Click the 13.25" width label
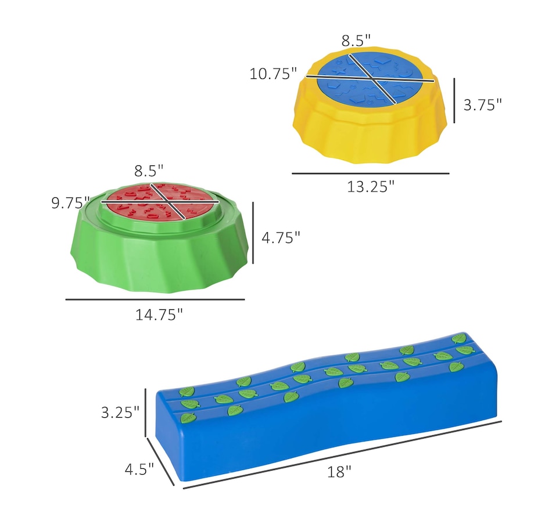371,186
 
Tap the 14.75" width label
159,315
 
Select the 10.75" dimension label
273,74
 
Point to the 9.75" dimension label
71,203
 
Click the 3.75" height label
482,105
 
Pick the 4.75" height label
281,238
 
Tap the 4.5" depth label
139,469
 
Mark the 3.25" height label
120,412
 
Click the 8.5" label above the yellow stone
356,41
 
